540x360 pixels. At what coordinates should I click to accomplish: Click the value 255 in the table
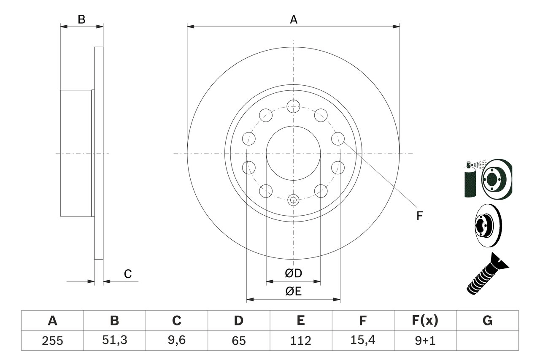pos(52,341)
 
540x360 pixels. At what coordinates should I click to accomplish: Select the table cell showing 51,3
pos(114,341)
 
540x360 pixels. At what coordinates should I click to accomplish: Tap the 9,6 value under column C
pos(176,341)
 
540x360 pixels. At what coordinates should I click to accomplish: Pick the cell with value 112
pos(300,341)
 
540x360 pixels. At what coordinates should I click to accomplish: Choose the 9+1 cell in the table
pos(425,341)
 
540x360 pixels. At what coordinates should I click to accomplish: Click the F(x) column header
pos(425,321)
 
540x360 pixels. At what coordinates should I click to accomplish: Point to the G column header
pos(487,321)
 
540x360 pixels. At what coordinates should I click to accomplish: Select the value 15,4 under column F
pos(363,341)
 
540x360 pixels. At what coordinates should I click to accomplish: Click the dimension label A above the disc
pos(293,19)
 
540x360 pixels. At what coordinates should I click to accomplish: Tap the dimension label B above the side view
pos(82,19)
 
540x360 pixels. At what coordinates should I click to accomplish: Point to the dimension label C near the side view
pos(128,274)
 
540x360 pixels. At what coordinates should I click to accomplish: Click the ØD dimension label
pos(293,273)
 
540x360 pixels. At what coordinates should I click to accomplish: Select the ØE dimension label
pos(293,292)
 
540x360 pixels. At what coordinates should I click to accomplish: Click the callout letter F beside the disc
pos(419,216)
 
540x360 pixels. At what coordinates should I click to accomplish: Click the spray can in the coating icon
pos(470,181)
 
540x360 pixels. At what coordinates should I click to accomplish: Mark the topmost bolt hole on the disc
pos(293,106)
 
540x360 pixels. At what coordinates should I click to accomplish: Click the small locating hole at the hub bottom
pos(293,200)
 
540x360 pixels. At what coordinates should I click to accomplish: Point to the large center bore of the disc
pos(293,153)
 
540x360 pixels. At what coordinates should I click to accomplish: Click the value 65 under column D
pos(238,341)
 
